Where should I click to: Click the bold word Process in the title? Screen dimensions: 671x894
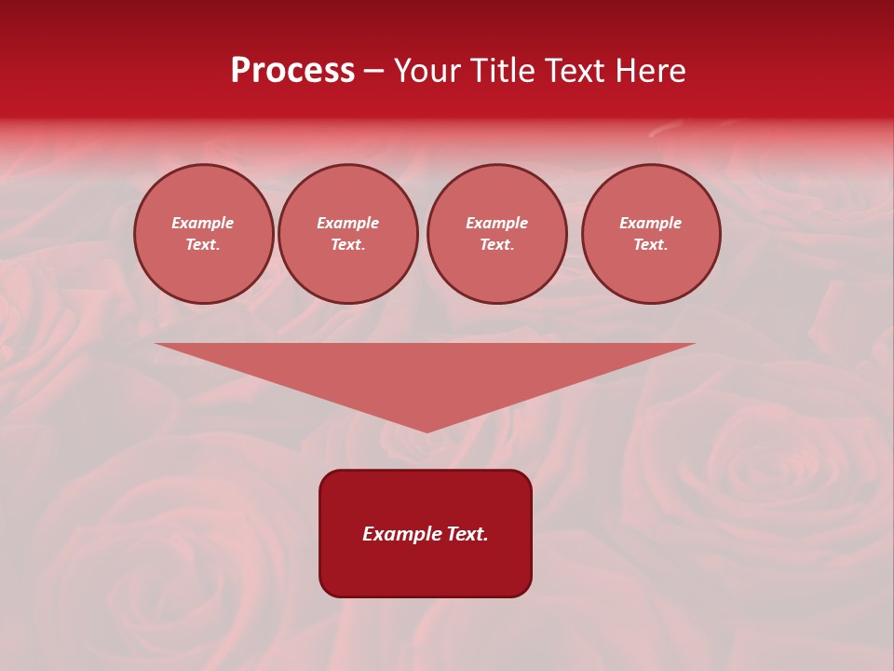point(292,71)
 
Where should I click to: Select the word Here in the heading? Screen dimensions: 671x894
point(651,71)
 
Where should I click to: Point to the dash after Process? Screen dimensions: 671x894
point(374,72)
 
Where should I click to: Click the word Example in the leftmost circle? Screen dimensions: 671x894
point(203,223)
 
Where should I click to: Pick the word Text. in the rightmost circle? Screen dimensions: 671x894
point(651,244)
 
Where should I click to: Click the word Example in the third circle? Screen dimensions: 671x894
point(497,223)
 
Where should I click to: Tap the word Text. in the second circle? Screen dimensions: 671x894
point(348,244)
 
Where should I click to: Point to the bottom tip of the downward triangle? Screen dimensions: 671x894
point(427,430)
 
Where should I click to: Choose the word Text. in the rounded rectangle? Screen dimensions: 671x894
point(467,534)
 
